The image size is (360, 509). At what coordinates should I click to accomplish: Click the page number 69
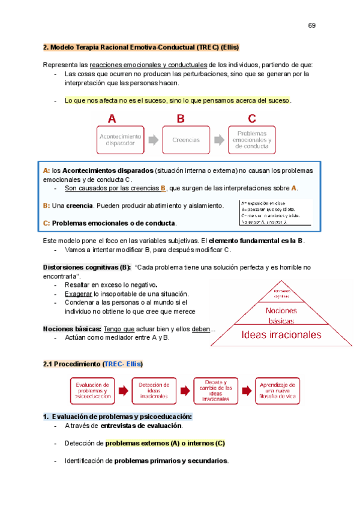[x=312, y=25]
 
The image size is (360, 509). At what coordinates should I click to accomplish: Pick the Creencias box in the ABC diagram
[x=186, y=140]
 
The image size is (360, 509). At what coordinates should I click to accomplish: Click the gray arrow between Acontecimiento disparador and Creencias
[x=154, y=140]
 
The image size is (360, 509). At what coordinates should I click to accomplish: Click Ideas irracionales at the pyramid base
[x=281, y=334]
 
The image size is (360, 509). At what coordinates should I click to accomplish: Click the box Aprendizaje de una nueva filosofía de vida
[x=277, y=391]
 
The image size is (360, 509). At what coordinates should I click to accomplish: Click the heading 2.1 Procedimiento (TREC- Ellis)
[x=94, y=364]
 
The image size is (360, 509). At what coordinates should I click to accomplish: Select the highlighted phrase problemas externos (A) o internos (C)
[x=165, y=443]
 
